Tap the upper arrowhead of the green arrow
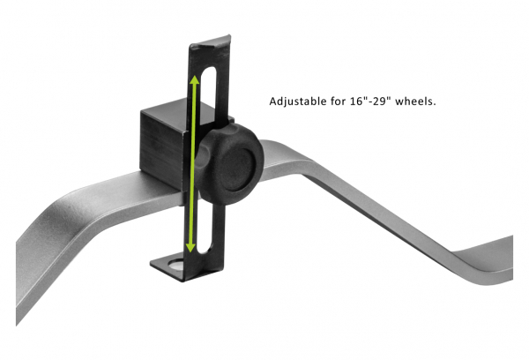(195, 80)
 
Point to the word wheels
(419, 101)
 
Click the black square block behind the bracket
(159, 146)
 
